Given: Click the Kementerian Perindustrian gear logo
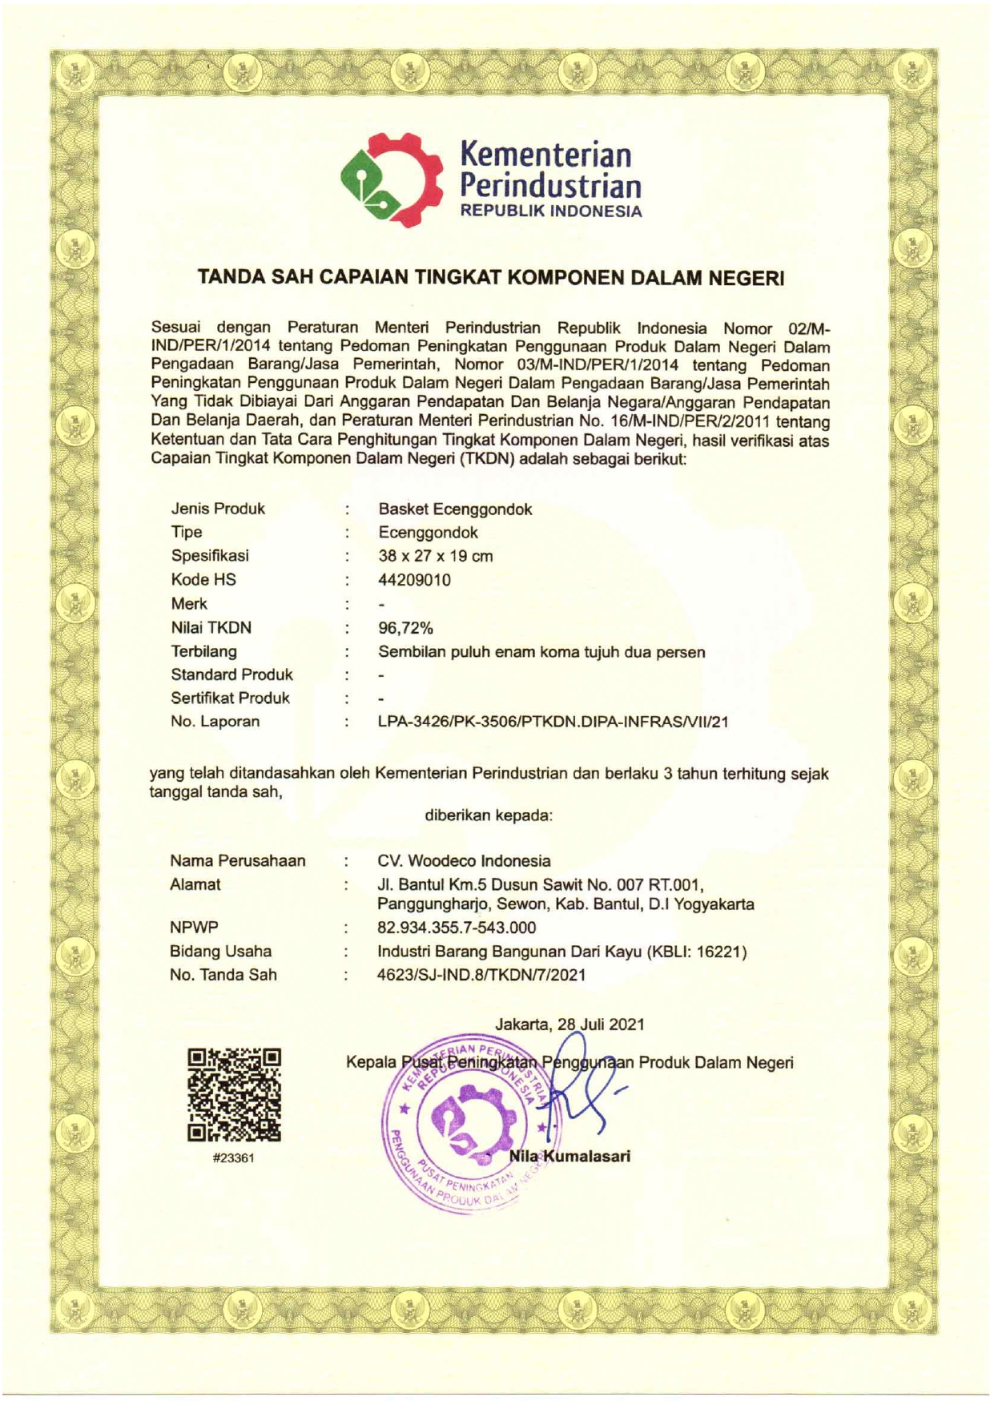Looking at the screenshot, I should tap(391, 179).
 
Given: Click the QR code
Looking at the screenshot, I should tap(234, 1094).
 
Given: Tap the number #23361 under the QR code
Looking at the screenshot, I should tap(234, 1158).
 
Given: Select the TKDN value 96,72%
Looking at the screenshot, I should tap(405, 628).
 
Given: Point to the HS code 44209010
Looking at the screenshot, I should tap(414, 580).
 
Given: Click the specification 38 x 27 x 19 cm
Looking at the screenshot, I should tap(435, 556).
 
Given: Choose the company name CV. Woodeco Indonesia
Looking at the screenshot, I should tap(464, 861).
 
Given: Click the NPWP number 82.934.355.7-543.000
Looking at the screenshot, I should tap(457, 928).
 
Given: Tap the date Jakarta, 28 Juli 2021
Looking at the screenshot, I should tap(569, 1024).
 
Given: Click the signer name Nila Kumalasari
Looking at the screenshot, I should tap(570, 1156).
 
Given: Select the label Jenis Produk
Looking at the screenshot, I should tap(218, 509).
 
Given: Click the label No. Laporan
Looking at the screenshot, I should tap(215, 722).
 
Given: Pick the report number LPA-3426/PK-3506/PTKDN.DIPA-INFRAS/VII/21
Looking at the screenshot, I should tap(553, 722).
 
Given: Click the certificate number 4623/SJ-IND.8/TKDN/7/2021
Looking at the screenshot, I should tap(481, 975).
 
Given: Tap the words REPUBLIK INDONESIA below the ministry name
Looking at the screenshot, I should tap(549, 212).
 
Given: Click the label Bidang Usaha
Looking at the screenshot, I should tap(220, 952).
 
